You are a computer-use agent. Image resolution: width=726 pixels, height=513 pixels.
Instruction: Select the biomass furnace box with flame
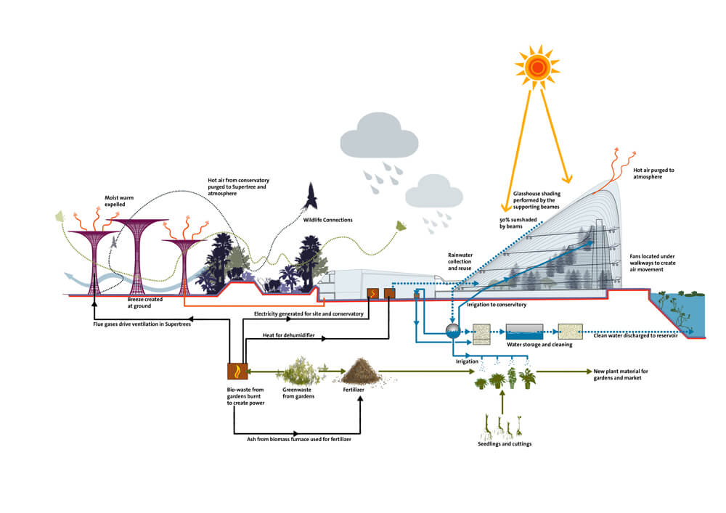click(x=237, y=371)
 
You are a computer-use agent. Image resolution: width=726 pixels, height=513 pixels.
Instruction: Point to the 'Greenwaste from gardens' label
click(x=298, y=393)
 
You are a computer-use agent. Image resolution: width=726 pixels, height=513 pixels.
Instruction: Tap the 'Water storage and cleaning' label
click(x=539, y=344)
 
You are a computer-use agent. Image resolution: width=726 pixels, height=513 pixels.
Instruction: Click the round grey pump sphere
click(x=452, y=330)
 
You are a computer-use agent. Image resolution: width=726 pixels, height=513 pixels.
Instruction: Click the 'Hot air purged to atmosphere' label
click(x=653, y=173)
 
